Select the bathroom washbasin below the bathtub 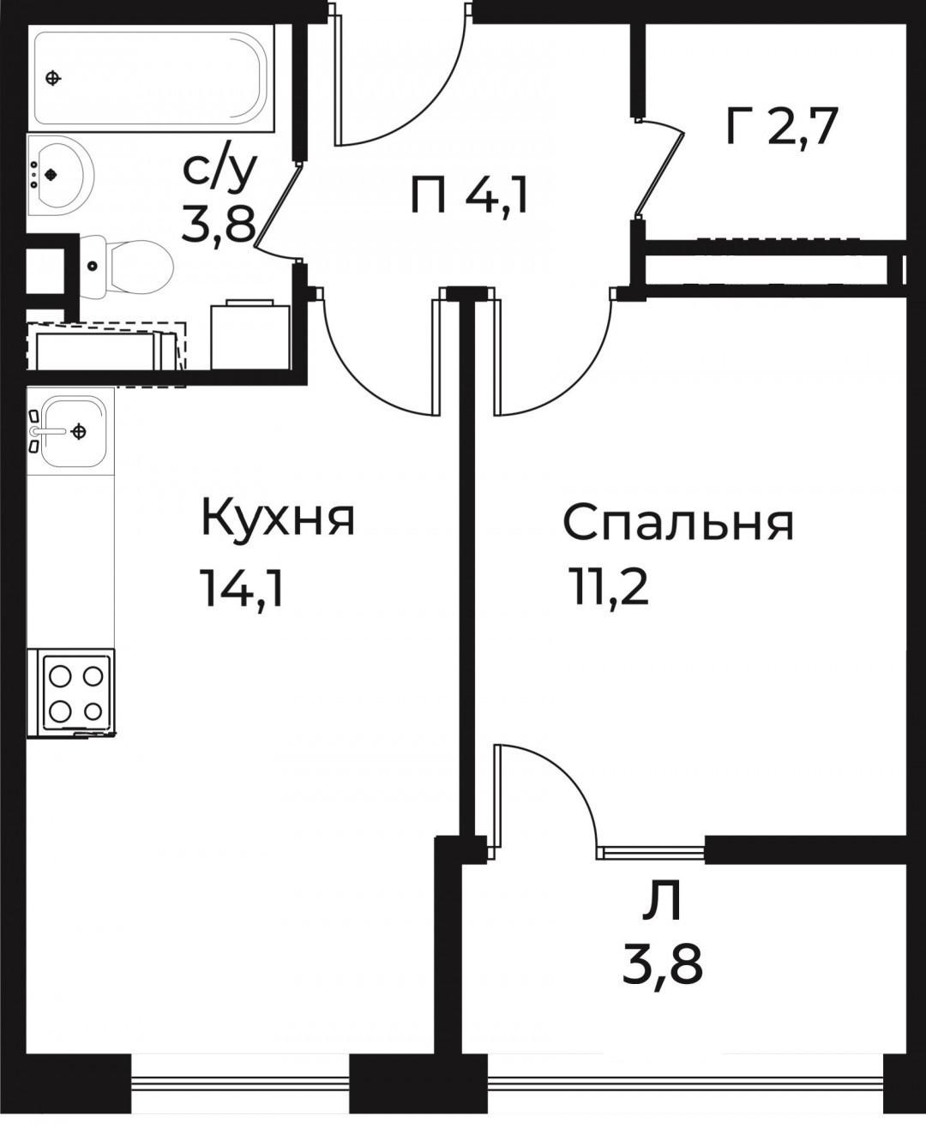(60, 174)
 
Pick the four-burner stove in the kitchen (71, 693)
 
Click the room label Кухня (278, 519)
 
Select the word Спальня (677, 523)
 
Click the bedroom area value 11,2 (607, 587)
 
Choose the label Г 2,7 (780, 129)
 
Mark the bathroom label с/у (219, 171)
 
